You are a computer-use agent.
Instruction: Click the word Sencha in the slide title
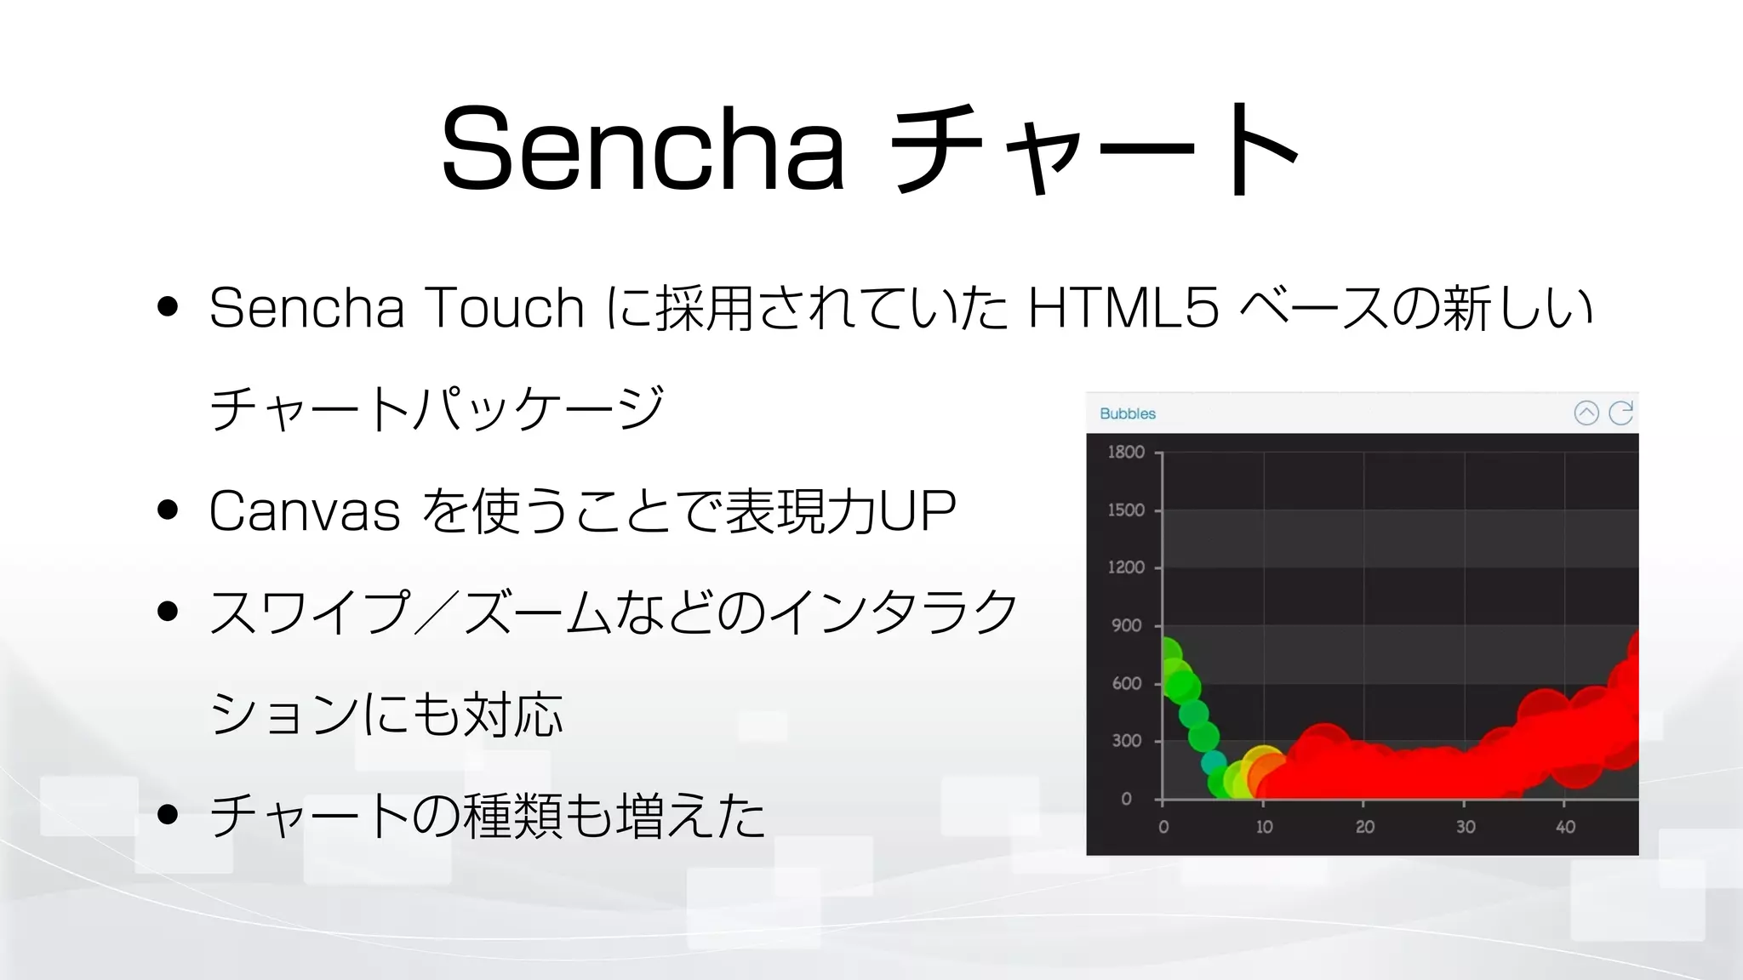click(643, 149)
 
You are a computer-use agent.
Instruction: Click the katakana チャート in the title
click(1094, 149)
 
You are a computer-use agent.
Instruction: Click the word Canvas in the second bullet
click(305, 511)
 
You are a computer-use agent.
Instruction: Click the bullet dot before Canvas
click(168, 510)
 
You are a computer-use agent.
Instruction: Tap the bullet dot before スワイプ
click(168, 611)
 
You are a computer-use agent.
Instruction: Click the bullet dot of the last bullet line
click(168, 814)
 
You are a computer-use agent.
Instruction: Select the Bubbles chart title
click(1127, 413)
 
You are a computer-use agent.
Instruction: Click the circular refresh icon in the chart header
click(1620, 413)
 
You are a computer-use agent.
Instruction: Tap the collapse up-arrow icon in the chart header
click(1586, 413)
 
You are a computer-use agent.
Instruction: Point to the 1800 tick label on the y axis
click(1125, 452)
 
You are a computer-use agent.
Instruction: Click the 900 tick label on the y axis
click(1126, 625)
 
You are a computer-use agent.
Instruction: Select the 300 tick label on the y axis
click(1126, 741)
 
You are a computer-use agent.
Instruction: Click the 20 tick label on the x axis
click(1364, 827)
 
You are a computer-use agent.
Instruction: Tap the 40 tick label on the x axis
click(1565, 827)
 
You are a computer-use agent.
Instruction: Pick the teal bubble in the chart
click(1214, 763)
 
